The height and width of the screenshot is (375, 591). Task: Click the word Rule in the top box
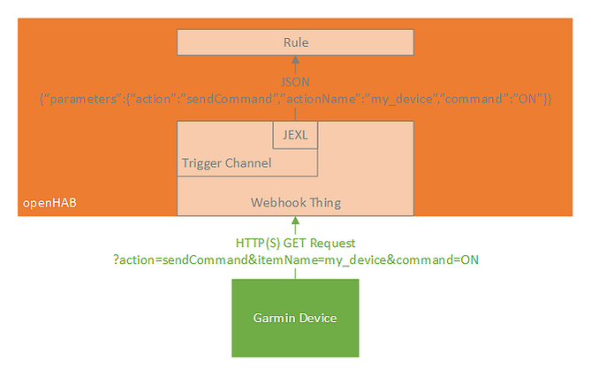(x=296, y=42)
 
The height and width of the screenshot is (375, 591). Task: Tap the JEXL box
(x=295, y=135)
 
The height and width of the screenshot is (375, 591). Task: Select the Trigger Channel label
(x=226, y=163)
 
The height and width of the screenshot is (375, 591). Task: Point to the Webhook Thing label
(x=296, y=203)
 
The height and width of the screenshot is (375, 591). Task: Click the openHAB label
(x=49, y=203)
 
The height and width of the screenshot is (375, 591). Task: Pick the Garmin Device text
(x=295, y=318)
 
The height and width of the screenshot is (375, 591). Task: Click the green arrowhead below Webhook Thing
(x=295, y=221)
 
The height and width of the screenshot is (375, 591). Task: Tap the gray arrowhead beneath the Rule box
(x=295, y=59)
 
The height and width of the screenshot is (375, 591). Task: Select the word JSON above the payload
(x=295, y=82)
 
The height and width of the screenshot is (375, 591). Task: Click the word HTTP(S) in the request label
(x=258, y=244)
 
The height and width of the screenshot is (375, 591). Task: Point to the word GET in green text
(x=295, y=244)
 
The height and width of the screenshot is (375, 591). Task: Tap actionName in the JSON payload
(x=321, y=99)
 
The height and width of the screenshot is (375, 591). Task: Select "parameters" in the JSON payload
(x=83, y=99)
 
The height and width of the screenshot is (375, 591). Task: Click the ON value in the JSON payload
(x=527, y=99)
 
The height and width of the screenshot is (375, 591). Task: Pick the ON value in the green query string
(x=470, y=259)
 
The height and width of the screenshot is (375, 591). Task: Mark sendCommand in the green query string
(x=205, y=259)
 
